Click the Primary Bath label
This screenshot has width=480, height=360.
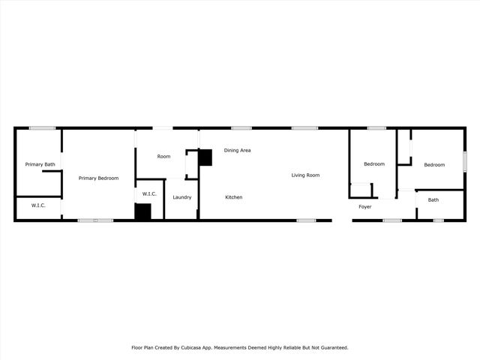(x=40, y=164)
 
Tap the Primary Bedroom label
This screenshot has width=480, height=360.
(x=99, y=178)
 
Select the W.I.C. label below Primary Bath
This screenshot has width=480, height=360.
(x=39, y=205)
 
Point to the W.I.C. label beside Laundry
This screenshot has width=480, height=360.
(x=149, y=194)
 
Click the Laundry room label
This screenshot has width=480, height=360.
(x=181, y=197)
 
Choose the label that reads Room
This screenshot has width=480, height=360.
(x=163, y=157)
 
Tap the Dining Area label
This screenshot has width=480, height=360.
(x=237, y=151)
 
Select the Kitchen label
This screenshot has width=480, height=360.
(x=234, y=197)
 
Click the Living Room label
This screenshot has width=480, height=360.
(x=305, y=175)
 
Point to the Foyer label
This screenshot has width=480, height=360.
(x=365, y=206)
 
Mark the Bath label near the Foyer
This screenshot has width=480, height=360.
(x=433, y=200)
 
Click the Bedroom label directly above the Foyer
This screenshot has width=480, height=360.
(x=374, y=164)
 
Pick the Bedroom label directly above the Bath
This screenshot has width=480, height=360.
(x=434, y=165)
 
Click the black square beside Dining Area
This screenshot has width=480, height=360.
(x=205, y=157)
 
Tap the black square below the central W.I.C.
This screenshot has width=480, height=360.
(x=143, y=211)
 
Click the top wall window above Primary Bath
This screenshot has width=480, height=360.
(x=43, y=128)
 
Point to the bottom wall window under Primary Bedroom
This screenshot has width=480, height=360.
(x=95, y=220)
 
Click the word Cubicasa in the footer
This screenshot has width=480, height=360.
(x=199, y=348)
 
